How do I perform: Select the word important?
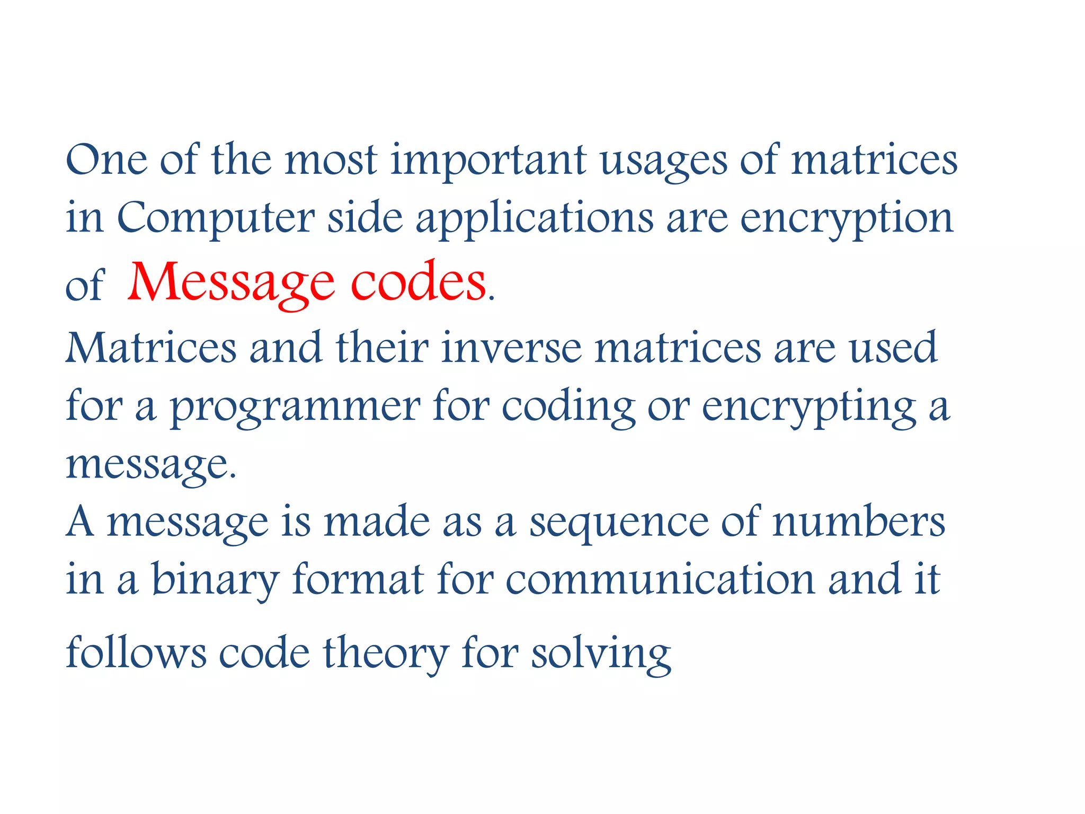click(x=488, y=161)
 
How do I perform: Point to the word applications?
click(x=535, y=218)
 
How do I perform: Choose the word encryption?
click(x=846, y=218)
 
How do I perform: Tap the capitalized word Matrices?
click(x=151, y=348)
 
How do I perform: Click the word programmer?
click(x=295, y=407)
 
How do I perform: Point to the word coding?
click(x=568, y=407)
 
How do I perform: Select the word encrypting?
click(x=809, y=407)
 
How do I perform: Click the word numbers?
click(x=858, y=523)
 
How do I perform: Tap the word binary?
click(x=215, y=580)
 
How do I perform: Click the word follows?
click(x=136, y=653)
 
